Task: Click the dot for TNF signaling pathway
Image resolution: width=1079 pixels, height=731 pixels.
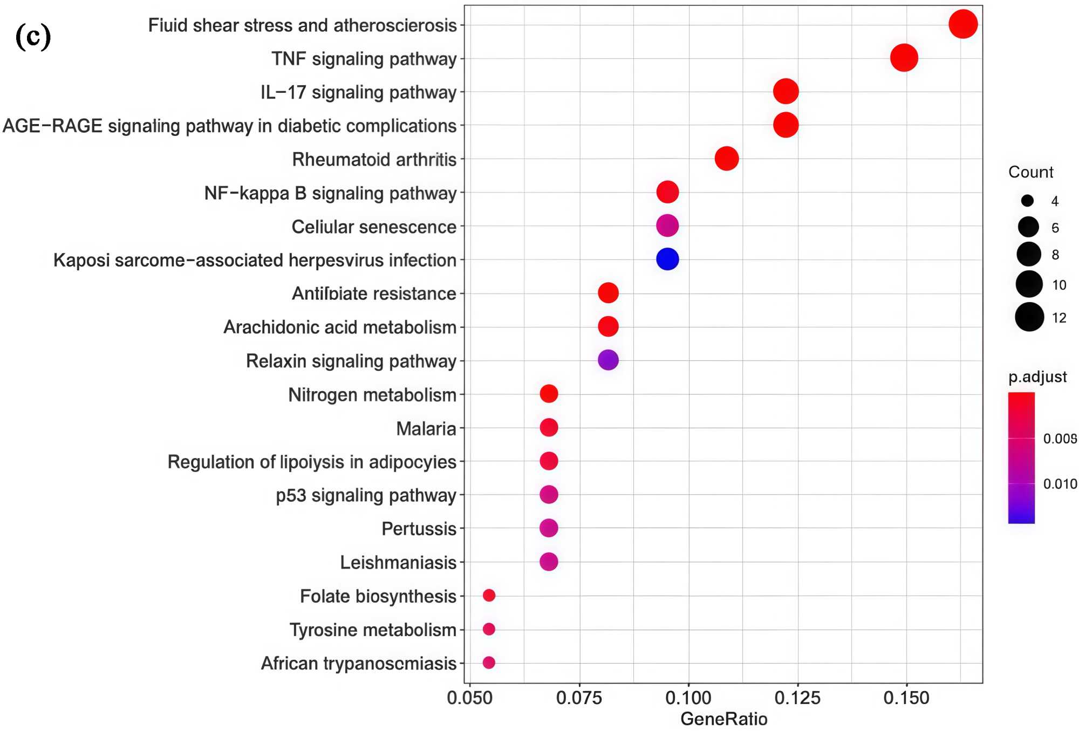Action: coord(904,58)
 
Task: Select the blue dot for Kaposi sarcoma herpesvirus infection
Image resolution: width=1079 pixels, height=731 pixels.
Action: coord(667,259)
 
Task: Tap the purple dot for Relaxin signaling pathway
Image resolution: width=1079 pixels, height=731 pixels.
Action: coord(608,360)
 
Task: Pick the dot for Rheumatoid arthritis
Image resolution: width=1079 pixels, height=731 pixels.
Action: coord(727,159)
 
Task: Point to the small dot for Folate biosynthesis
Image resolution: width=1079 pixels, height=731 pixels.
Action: coord(489,595)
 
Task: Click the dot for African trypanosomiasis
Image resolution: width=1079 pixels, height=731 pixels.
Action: coord(489,662)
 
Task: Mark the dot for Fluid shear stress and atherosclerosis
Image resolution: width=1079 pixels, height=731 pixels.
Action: coord(963,24)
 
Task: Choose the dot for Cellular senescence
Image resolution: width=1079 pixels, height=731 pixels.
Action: coord(667,226)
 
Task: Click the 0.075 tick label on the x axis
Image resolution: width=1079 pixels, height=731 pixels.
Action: coord(579,698)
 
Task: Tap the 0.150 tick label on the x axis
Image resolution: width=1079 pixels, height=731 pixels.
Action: coord(906,698)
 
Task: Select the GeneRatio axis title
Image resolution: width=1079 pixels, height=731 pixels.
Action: coord(723,719)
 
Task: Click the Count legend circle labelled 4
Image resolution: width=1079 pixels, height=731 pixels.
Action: coord(1027,201)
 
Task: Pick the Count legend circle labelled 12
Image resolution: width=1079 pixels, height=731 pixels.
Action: coord(1029,317)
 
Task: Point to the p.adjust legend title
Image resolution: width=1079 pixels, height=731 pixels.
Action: coord(1037,377)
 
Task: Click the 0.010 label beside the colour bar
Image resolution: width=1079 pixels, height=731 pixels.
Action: coord(1060,484)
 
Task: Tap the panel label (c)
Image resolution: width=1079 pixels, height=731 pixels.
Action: coord(33,37)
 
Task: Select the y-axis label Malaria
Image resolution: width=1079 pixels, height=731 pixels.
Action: coord(426,428)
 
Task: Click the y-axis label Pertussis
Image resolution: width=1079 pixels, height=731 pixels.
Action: coord(419,529)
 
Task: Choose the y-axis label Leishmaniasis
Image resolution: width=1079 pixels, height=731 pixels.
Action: coord(398,563)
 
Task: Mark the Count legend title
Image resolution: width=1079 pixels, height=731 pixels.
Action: coord(1030,172)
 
